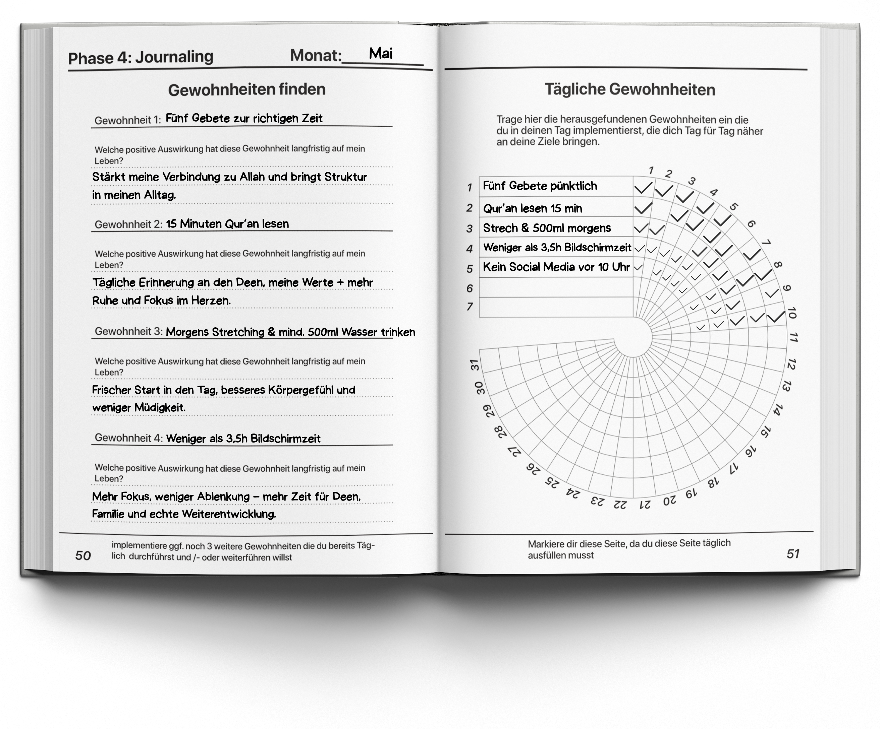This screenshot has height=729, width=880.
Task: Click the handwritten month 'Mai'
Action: pos(381,54)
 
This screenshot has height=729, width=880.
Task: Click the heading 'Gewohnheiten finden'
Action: pos(246,89)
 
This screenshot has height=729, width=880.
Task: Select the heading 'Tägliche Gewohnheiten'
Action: pos(629,89)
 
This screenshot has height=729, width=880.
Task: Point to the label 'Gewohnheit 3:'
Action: pos(128,331)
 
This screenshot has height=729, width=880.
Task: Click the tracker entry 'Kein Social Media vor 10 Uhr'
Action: pos(556,267)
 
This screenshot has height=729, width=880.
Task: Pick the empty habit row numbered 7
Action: pos(556,307)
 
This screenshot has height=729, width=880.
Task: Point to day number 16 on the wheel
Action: pos(750,451)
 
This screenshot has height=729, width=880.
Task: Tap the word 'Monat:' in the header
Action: pos(316,55)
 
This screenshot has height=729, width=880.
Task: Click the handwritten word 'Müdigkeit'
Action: pos(159,407)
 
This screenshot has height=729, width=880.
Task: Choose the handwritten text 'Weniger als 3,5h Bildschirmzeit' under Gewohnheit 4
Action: pos(243,439)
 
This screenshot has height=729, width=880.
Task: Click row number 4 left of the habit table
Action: pos(469,249)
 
